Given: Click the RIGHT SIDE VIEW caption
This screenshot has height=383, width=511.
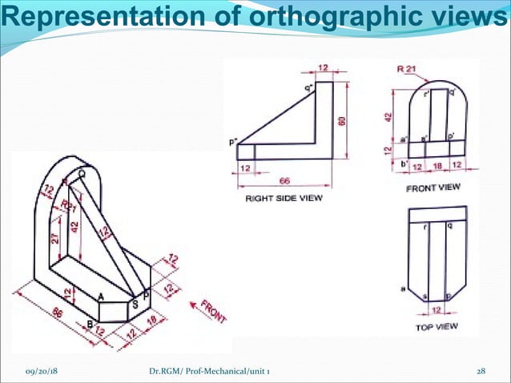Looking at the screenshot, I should (x=284, y=199).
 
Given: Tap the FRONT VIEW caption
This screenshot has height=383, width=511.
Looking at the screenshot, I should (x=433, y=187).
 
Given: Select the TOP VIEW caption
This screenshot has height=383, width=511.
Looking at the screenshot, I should (x=436, y=328).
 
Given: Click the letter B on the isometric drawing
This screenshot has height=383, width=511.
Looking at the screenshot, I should (x=90, y=324).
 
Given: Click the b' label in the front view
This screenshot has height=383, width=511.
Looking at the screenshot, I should (x=405, y=164).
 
